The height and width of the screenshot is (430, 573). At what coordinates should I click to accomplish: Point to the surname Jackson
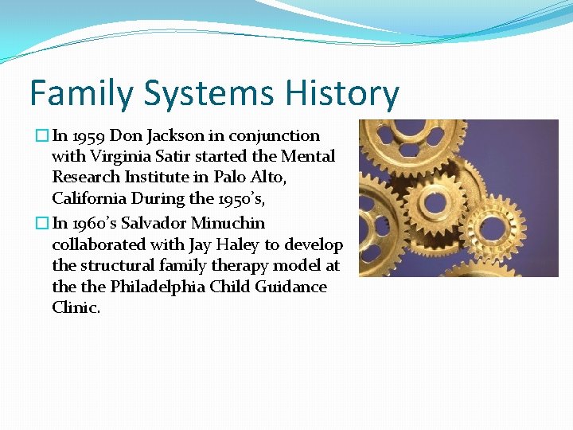(x=168, y=136)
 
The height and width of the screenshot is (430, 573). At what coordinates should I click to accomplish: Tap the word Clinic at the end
(x=76, y=307)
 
